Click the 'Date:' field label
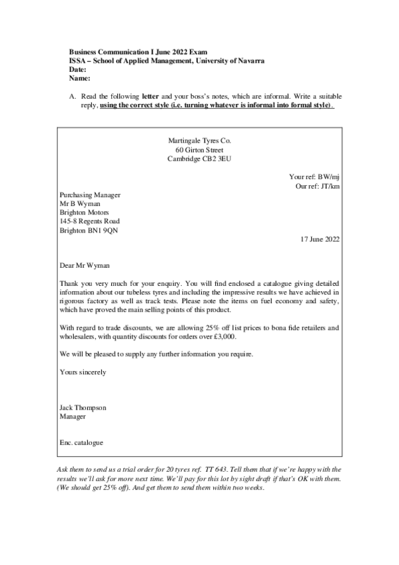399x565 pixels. tap(77, 69)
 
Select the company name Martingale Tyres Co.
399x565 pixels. tap(200, 141)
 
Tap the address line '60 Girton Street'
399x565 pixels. tap(200, 150)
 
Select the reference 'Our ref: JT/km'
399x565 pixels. tap(316, 187)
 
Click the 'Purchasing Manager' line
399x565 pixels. tap(90, 195)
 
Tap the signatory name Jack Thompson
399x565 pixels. tap(83, 407)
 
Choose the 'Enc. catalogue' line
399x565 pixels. tap(81, 442)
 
